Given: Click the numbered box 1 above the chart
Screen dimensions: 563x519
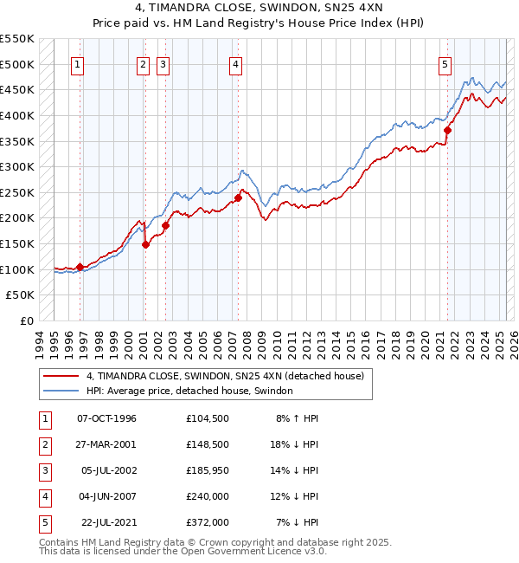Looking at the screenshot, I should click(78, 63).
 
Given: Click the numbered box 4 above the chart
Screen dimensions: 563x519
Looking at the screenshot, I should click(235, 63).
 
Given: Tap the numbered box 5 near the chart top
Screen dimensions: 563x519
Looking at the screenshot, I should click(445, 63).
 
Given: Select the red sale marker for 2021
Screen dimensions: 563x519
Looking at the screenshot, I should click(448, 130).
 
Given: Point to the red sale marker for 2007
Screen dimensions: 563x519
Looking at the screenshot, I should click(238, 197).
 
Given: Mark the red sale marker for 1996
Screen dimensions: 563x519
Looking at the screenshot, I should click(80, 267).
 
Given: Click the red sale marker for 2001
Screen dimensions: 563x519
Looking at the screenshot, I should click(145, 244).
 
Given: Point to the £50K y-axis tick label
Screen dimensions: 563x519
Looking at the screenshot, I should click(21, 295).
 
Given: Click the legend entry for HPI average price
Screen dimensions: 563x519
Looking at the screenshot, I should click(189, 392).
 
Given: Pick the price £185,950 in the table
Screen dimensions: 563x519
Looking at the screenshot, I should click(207, 470).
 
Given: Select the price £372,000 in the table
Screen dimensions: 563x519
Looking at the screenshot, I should click(207, 522).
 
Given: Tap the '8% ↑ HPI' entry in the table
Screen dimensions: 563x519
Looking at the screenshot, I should click(297, 418).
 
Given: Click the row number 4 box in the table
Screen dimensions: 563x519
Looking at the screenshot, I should click(43, 496).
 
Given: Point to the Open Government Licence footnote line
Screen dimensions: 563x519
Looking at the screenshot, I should click(183, 551).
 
